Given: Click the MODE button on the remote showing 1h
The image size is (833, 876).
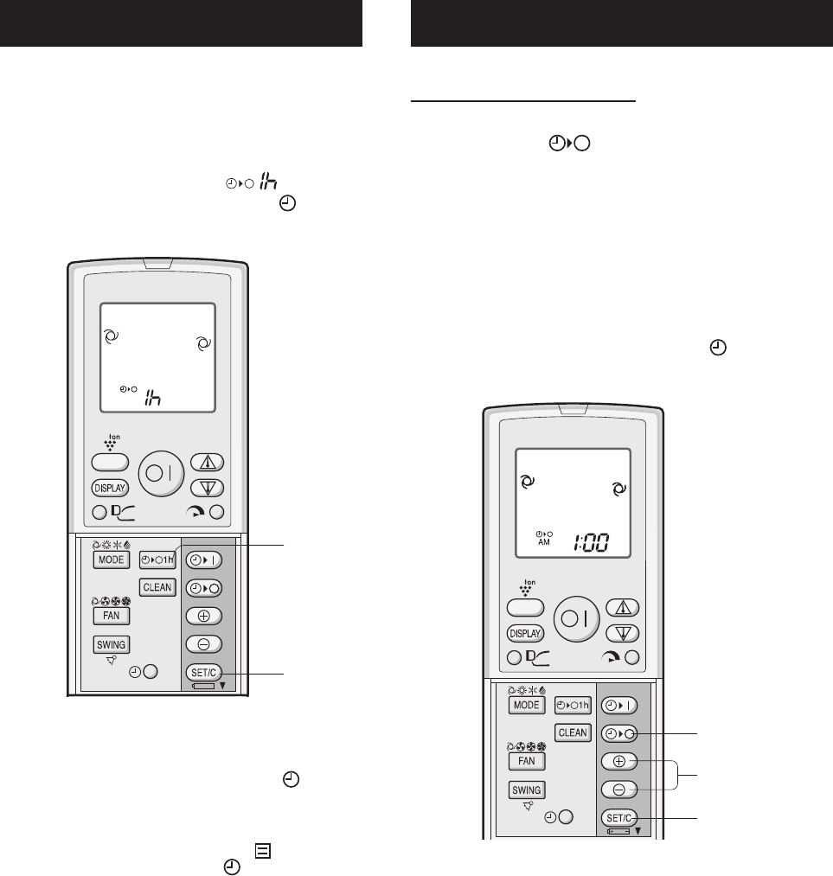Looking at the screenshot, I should click(x=111, y=559).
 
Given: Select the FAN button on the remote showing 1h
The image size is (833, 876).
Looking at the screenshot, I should click(x=111, y=616).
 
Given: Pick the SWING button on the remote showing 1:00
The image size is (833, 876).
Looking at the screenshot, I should click(x=527, y=790).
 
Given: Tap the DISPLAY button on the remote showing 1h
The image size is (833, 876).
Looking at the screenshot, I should click(x=112, y=487).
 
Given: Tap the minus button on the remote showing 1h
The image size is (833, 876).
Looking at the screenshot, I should click(x=202, y=644).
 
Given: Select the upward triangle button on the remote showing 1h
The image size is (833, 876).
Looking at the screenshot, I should click(x=202, y=461).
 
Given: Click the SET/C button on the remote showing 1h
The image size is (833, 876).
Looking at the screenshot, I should click(x=202, y=673).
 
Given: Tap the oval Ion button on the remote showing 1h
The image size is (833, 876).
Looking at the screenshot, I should click(x=111, y=462).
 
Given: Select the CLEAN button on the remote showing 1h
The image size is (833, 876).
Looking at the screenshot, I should click(x=158, y=587).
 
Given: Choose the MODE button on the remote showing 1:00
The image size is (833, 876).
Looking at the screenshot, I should click(x=527, y=705).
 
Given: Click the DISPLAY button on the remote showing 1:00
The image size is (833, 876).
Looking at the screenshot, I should click(x=527, y=632).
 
